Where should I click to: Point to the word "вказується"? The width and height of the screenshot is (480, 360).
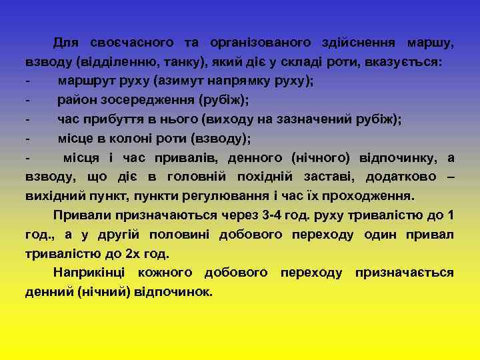pos(403,62)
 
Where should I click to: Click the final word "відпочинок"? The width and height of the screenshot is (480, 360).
pos(173,292)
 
